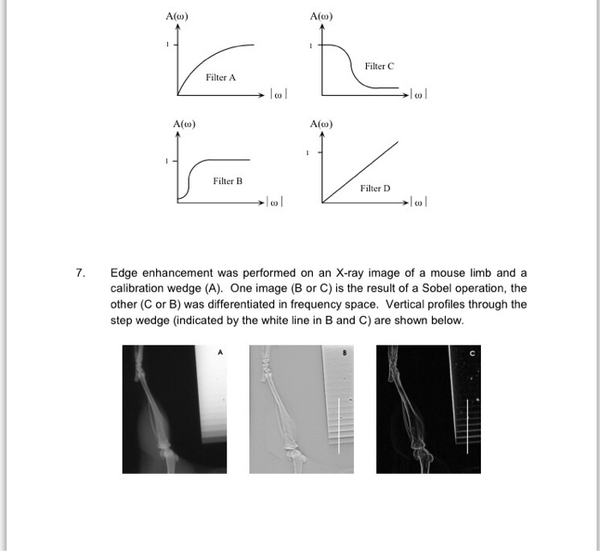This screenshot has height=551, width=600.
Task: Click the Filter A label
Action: [x=220, y=77]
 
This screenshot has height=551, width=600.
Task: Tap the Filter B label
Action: [x=228, y=182]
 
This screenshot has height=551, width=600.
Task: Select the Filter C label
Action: [x=379, y=66]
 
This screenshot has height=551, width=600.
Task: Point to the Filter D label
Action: [x=375, y=188]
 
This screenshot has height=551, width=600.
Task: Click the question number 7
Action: [x=80, y=273]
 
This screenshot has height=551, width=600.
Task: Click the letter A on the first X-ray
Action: [x=219, y=351]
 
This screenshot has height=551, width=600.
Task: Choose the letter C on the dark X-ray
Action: [x=471, y=351]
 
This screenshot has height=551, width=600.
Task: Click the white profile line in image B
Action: [x=339, y=425]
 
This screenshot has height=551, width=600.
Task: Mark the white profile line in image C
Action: [x=467, y=425]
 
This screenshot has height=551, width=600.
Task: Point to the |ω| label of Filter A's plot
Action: [x=277, y=93]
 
